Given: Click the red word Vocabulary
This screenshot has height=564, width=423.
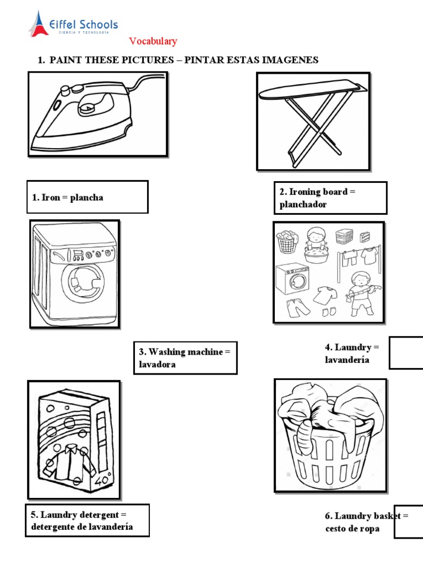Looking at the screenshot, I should point(153,41).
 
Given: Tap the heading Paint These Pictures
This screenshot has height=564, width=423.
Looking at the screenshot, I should point(178,60).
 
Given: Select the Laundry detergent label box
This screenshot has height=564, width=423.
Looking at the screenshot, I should point(86,520).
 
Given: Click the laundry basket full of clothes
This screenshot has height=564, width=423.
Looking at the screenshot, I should point(329,435).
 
